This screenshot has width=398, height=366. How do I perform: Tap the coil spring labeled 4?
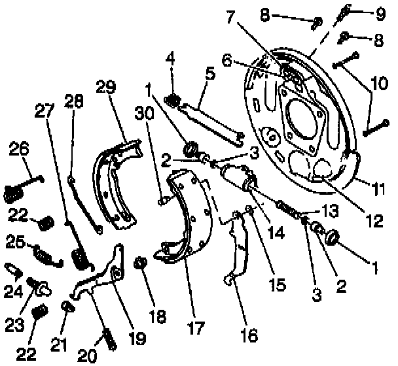click(x=173, y=100)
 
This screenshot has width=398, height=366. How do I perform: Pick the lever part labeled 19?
click(x=105, y=274)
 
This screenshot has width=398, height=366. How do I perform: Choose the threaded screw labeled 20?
click(x=109, y=339)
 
